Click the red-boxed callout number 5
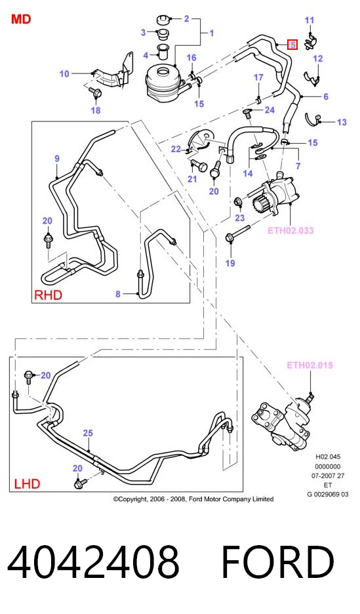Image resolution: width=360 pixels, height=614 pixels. point(292,45)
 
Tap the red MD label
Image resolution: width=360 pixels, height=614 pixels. point(21,19)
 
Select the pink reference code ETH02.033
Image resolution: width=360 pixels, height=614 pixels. point(290,230)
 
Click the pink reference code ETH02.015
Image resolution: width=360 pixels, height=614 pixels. point(310,365)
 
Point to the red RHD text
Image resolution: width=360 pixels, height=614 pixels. point(48,295)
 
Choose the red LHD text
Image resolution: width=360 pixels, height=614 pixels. point(27,483)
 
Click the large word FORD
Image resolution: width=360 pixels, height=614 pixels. point(277,562)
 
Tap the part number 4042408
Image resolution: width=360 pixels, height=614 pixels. point(93,562)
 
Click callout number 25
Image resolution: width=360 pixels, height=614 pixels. point(88,433)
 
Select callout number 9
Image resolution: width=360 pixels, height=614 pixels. point(57,159)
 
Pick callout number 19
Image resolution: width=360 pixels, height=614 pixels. point(230,263)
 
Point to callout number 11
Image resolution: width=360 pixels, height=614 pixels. point(310,20)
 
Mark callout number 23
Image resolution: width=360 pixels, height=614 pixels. point(239,218)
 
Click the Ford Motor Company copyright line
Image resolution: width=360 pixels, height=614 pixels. point(193,499)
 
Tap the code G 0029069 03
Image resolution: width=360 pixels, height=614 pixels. point(327,494)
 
